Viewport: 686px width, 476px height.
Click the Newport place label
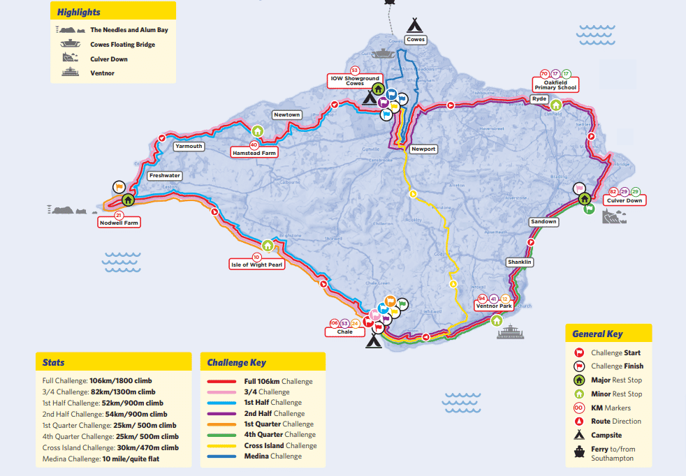pos(423,149)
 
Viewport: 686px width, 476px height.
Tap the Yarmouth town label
pos(189,147)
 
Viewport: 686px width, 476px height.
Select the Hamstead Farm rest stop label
pos(254,151)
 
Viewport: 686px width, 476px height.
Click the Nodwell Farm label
pos(119,223)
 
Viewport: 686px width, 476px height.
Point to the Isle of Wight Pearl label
pos(257,265)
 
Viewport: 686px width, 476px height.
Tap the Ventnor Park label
pos(494,306)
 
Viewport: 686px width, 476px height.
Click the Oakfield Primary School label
pos(556,85)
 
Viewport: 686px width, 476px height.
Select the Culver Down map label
pos(625,200)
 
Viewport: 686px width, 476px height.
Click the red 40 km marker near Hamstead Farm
pos(254,144)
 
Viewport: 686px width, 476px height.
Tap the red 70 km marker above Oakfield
pos(544,74)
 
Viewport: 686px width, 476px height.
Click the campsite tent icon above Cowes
pos(416,26)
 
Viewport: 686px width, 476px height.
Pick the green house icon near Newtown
pos(257,131)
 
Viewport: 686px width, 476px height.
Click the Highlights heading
pos(78,13)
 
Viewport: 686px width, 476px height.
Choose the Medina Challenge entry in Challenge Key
pos(272,456)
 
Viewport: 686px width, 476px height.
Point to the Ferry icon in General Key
pos(578,449)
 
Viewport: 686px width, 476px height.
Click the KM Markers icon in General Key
pos(578,408)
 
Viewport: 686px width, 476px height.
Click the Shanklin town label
pos(520,262)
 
